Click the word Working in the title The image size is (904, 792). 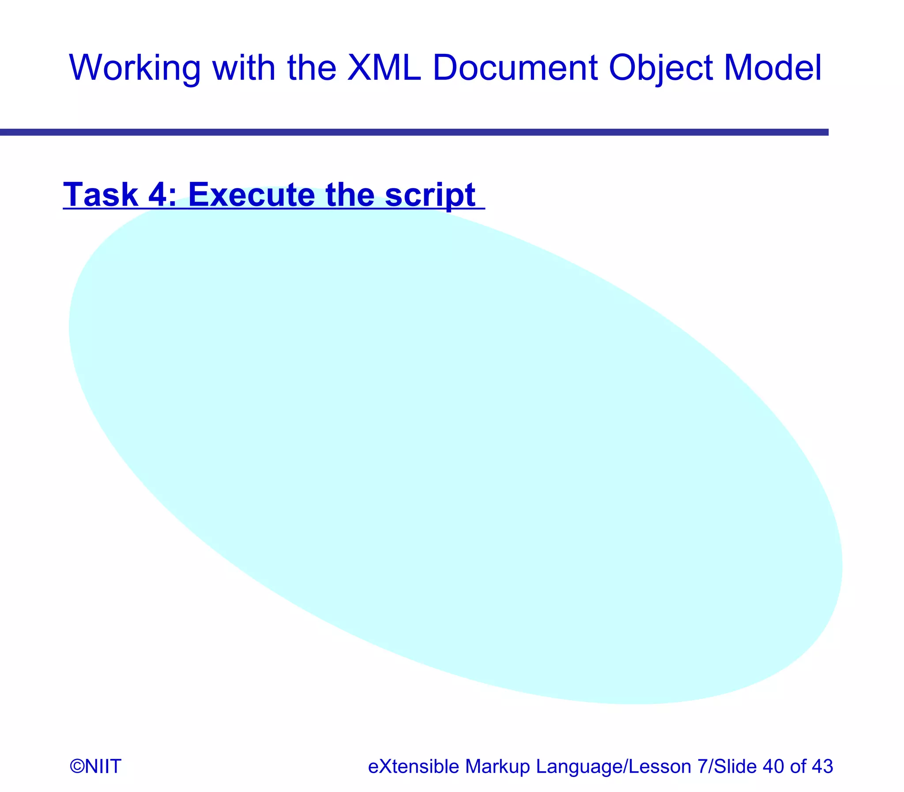tap(135, 68)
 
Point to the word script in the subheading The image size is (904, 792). tap(429, 195)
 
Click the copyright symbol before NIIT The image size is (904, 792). tap(76, 766)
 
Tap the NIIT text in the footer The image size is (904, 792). tap(102, 766)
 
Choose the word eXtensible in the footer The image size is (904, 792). tap(413, 766)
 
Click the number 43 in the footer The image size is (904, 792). tap(822, 766)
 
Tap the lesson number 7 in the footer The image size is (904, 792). tap(702, 766)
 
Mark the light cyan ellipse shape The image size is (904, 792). tap(456, 447)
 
